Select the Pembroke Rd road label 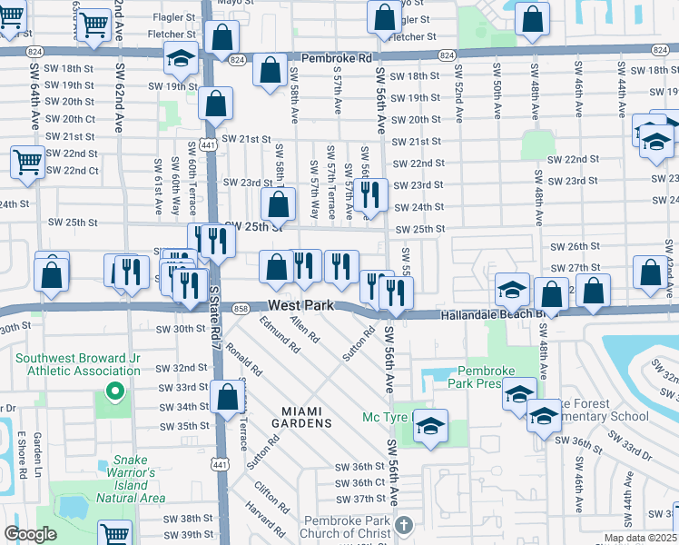pos(337,57)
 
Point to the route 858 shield pos(241,309)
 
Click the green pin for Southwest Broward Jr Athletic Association pos(114,392)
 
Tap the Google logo pos(30,534)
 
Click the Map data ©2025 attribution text pos(640,538)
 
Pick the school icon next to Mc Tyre pos(430,425)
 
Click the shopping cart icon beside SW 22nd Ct pos(27,162)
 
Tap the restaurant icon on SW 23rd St pos(369,193)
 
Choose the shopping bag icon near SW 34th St pos(226,396)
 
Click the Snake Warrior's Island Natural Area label pos(130,480)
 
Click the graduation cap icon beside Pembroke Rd pos(181,59)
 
